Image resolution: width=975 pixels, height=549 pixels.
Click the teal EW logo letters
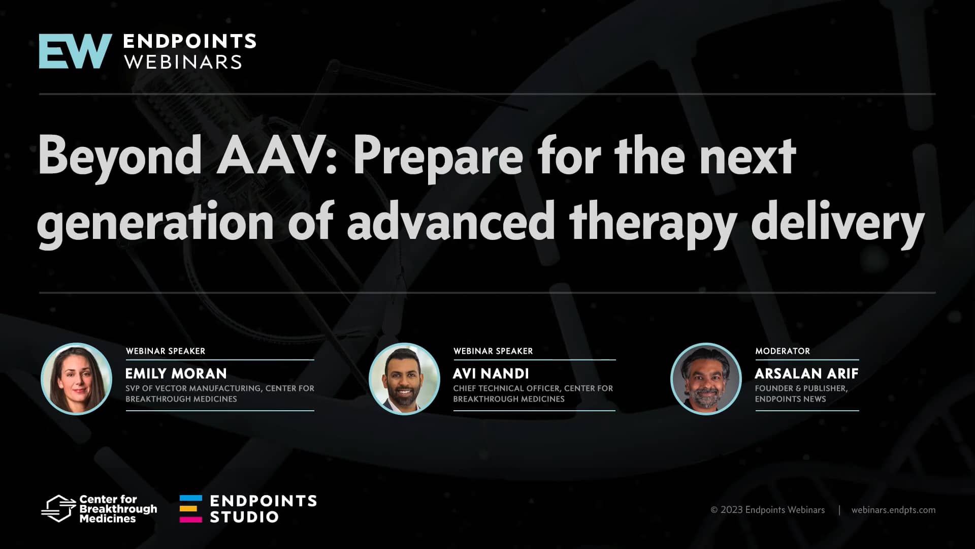tap(75, 51)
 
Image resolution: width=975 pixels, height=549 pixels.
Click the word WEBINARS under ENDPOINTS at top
tap(183, 62)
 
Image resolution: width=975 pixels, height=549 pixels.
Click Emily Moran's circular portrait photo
tap(76, 379)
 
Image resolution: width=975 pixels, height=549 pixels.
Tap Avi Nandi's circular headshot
tap(404, 379)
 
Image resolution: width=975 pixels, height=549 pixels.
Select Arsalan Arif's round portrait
tap(706, 379)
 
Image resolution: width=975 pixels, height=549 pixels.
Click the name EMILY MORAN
tap(176, 374)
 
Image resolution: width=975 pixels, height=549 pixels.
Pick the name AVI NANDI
tap(491, 374)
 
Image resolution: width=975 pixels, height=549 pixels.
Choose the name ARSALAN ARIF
tap(806, 374)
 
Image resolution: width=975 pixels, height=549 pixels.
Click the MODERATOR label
tap(782, 351)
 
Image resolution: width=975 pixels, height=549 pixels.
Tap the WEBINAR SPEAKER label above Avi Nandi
tap(493, 351)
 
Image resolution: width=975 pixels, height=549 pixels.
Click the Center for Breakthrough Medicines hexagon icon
tap(58, 508)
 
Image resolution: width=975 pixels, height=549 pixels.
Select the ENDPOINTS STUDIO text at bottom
tap(263, 509)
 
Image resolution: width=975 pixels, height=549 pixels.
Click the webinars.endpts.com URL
tap(893, 510)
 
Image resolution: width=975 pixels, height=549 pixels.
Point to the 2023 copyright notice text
tap(767, 510)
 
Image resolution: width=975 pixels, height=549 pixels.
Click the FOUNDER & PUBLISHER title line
tap(801, 388)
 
